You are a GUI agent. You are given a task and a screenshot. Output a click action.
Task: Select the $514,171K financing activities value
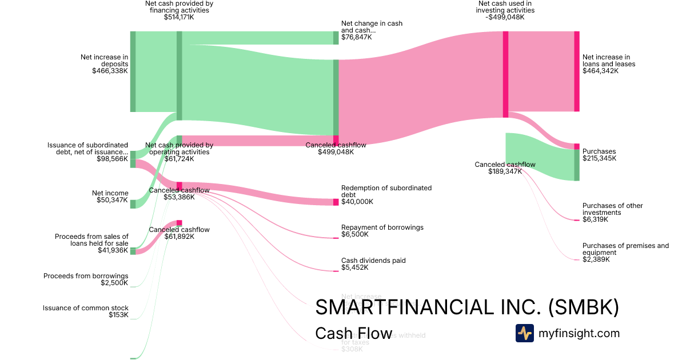click(x=179, y=17)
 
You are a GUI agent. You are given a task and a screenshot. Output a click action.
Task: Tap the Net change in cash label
click(x=372, y=27)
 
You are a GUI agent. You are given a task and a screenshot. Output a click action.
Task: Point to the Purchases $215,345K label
click(x=599, y=155)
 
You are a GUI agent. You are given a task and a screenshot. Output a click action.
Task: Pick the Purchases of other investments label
click(x=612, y=209)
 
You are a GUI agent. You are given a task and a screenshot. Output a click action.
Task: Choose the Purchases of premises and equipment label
click(x=625, y=249)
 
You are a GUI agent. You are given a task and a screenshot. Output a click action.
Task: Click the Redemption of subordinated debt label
click(x=386, y=191)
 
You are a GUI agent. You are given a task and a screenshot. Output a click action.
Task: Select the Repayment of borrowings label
click(x=382, y=227)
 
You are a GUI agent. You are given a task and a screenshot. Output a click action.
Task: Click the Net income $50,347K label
click(x=110, y=197)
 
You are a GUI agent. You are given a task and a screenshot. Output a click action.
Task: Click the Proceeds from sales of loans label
click(x=91, y=240)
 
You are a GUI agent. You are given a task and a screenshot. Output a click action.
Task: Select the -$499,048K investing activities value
click(x=505, y=17)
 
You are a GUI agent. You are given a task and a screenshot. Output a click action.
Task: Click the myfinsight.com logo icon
click(x=524, y=333)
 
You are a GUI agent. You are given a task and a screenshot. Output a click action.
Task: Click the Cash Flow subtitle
click(x=354, y=334)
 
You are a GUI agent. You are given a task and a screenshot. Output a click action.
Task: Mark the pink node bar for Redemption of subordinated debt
click(x=336, y=202)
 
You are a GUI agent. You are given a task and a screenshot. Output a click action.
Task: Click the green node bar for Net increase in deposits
click(x=133, y=71)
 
